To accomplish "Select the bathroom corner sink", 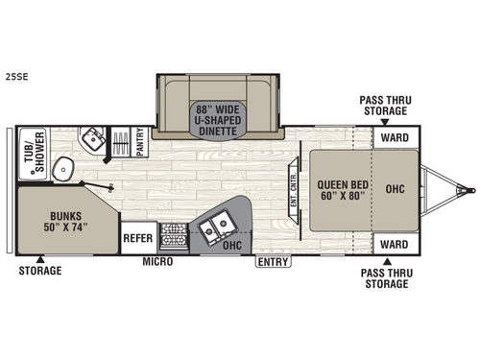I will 92,139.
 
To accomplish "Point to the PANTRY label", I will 140,142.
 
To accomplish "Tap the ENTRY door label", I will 272,260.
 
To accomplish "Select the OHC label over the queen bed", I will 396,188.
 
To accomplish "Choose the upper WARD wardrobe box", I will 396,136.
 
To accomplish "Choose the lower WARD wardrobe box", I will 396,244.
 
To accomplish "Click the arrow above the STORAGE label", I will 39,258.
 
